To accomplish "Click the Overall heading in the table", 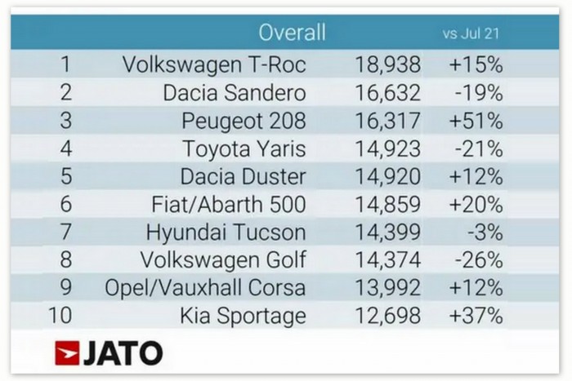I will pos(292,33).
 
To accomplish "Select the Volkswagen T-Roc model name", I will pos(213,64).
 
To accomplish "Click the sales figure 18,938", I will pos(388,64).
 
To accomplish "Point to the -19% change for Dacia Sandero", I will pos(477,93).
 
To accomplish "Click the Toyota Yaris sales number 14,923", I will pos(388,149).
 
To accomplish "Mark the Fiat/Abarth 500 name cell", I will pos(226,205).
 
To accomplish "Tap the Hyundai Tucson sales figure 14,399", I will pos(388,233).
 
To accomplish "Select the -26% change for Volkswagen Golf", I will pos(477,260).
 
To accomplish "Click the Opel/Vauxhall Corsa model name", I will pos(205,288).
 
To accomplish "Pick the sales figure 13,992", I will pos(388,288).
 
